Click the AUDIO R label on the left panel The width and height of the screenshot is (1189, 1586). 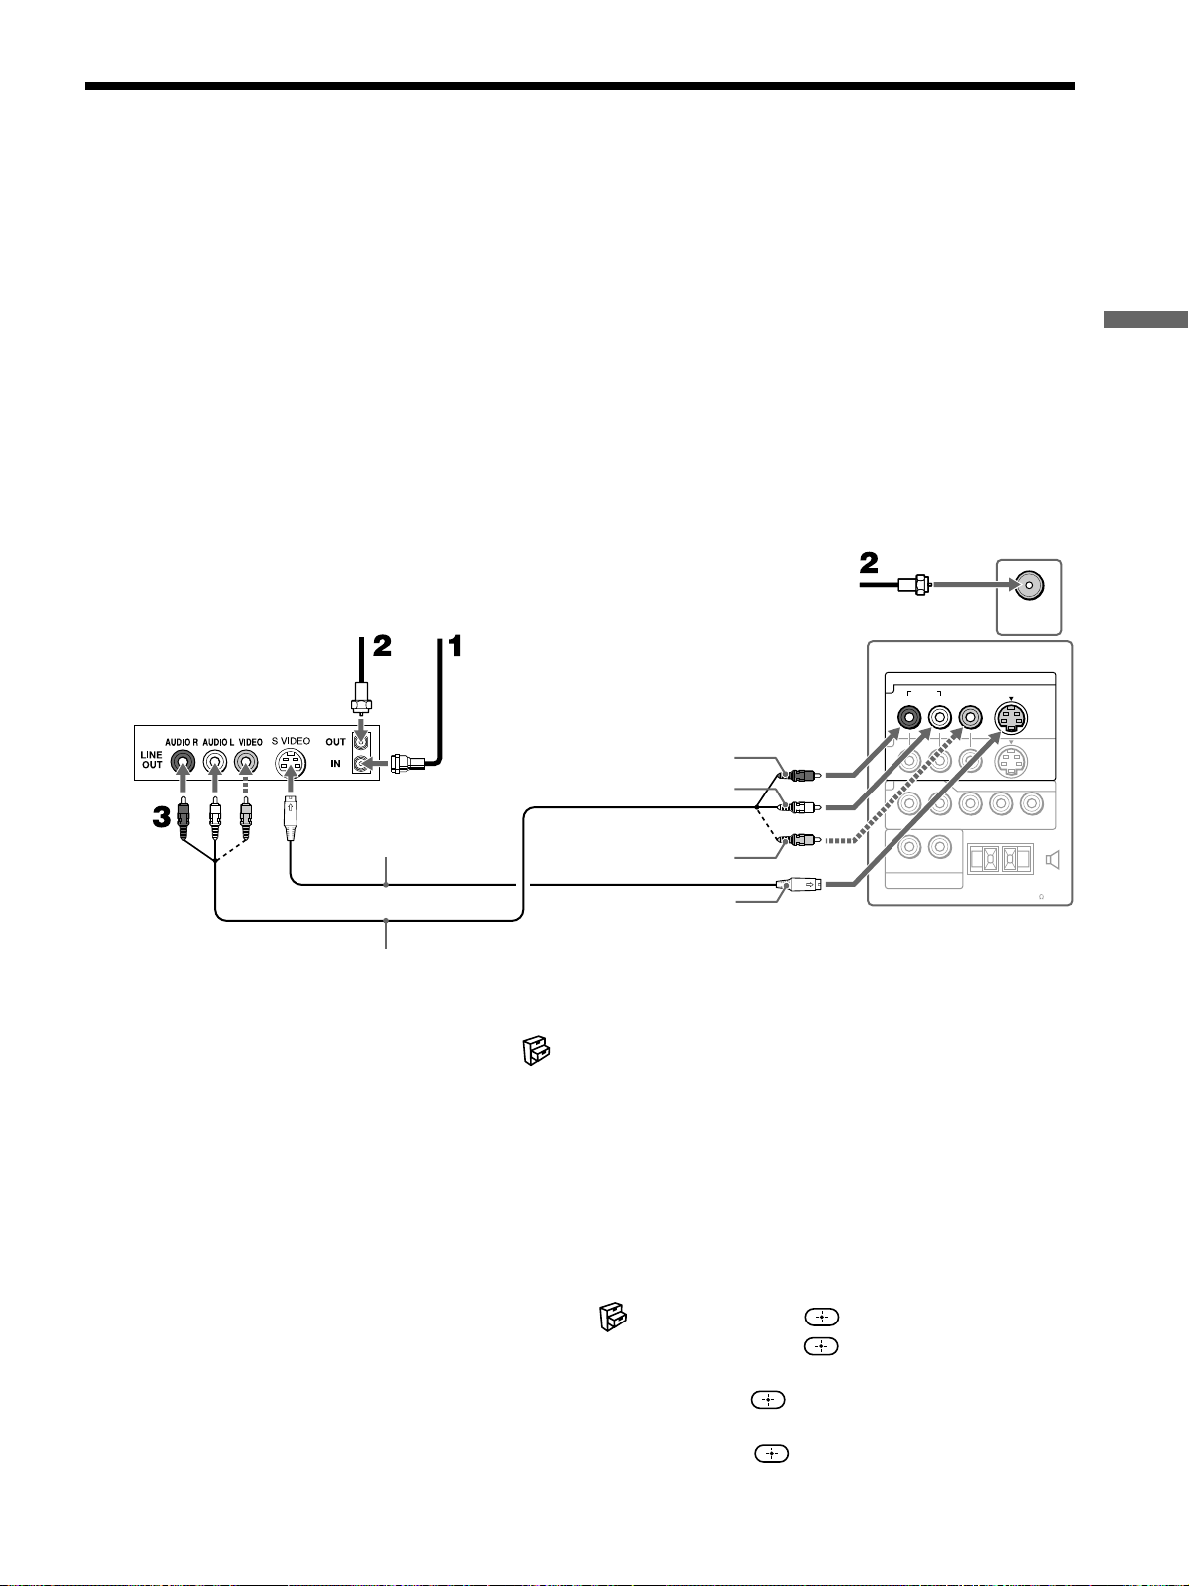182,742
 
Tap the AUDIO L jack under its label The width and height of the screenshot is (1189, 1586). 214,762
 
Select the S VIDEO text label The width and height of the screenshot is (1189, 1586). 292,741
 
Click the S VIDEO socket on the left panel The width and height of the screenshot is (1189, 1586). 291,763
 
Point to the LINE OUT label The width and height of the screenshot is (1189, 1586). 151,760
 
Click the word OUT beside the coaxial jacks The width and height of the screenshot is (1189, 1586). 335,742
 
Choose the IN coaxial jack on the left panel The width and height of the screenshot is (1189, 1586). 362,763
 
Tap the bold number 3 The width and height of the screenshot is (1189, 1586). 161,817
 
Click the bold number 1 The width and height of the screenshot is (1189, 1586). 455,645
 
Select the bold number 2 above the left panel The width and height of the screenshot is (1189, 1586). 382,645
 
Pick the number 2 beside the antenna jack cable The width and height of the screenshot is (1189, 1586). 869,563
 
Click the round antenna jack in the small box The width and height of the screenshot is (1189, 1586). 1029,586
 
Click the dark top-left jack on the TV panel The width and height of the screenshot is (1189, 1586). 909,718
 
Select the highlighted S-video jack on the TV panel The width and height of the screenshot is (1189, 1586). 1011,718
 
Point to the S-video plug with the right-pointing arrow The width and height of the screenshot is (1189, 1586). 798,884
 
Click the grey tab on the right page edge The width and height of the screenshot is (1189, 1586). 1146,320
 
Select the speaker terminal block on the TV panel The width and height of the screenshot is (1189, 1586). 1000,859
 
